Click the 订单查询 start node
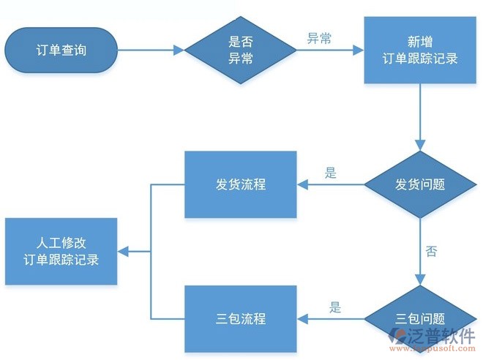61,50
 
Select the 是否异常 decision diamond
241,50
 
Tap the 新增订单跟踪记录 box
420,50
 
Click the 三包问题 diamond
420,318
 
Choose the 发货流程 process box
241,184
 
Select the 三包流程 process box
241,318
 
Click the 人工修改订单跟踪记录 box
61,251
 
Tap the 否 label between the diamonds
431,251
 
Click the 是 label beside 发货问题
331,173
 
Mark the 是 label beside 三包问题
335,307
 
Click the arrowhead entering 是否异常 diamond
179,50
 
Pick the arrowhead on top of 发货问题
420,146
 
